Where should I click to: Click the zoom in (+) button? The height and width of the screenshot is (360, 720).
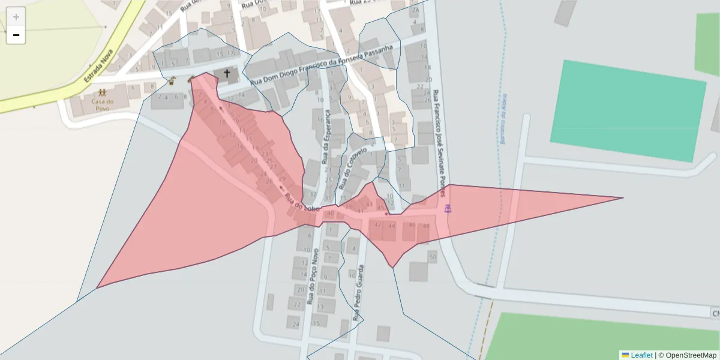click(x=16, y=17)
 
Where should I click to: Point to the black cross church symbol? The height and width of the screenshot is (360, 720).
click(x=227, y=74)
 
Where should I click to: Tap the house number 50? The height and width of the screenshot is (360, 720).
click(x=433, y=257)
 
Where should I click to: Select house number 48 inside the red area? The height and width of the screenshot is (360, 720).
click(x=426, y=226)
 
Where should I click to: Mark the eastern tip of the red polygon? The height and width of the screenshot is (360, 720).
click(x=623, y=197)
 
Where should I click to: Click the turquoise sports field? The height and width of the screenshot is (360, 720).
click(x=628, y=110)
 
